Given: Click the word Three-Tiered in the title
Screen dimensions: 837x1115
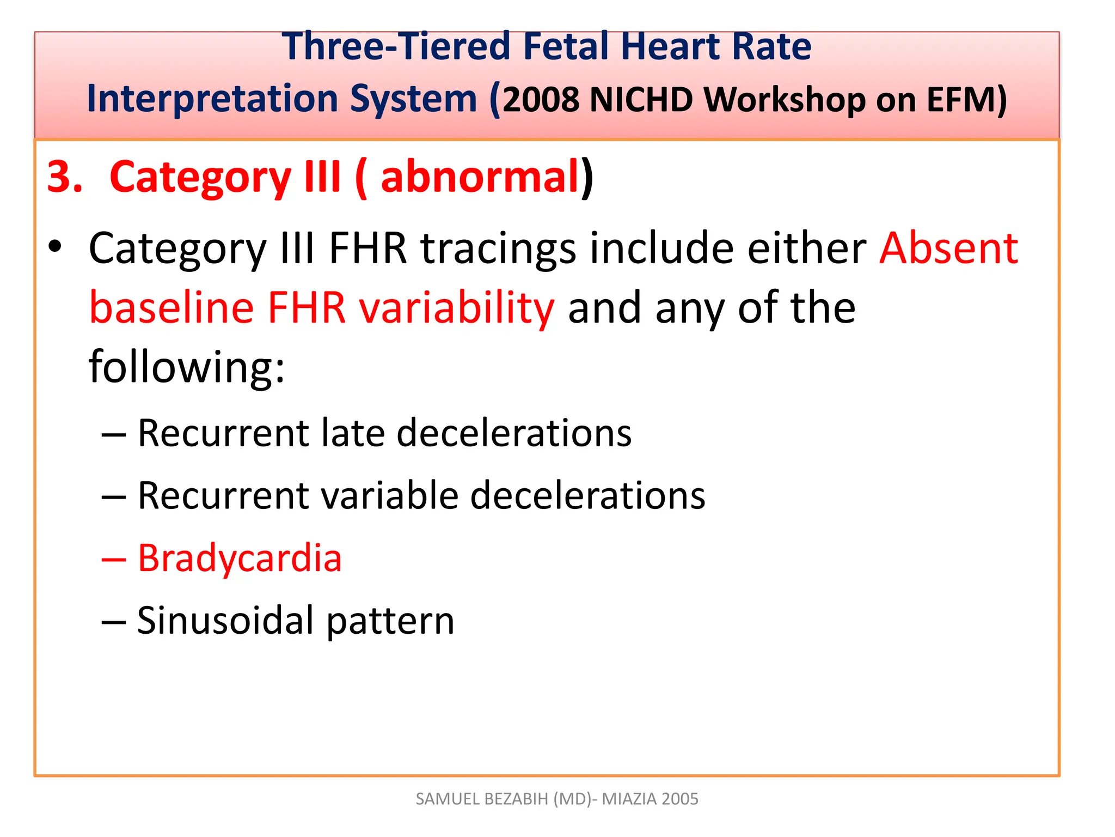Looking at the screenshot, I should click(x=396, y=46).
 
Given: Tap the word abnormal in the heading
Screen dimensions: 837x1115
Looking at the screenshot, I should click(x=479, y=177).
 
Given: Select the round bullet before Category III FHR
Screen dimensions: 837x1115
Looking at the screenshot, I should click(x=54, y=247).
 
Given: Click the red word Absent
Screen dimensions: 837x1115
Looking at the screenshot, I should click(x=948, y=248).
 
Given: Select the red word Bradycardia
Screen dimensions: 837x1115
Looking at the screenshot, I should click(x=240, y=559).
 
